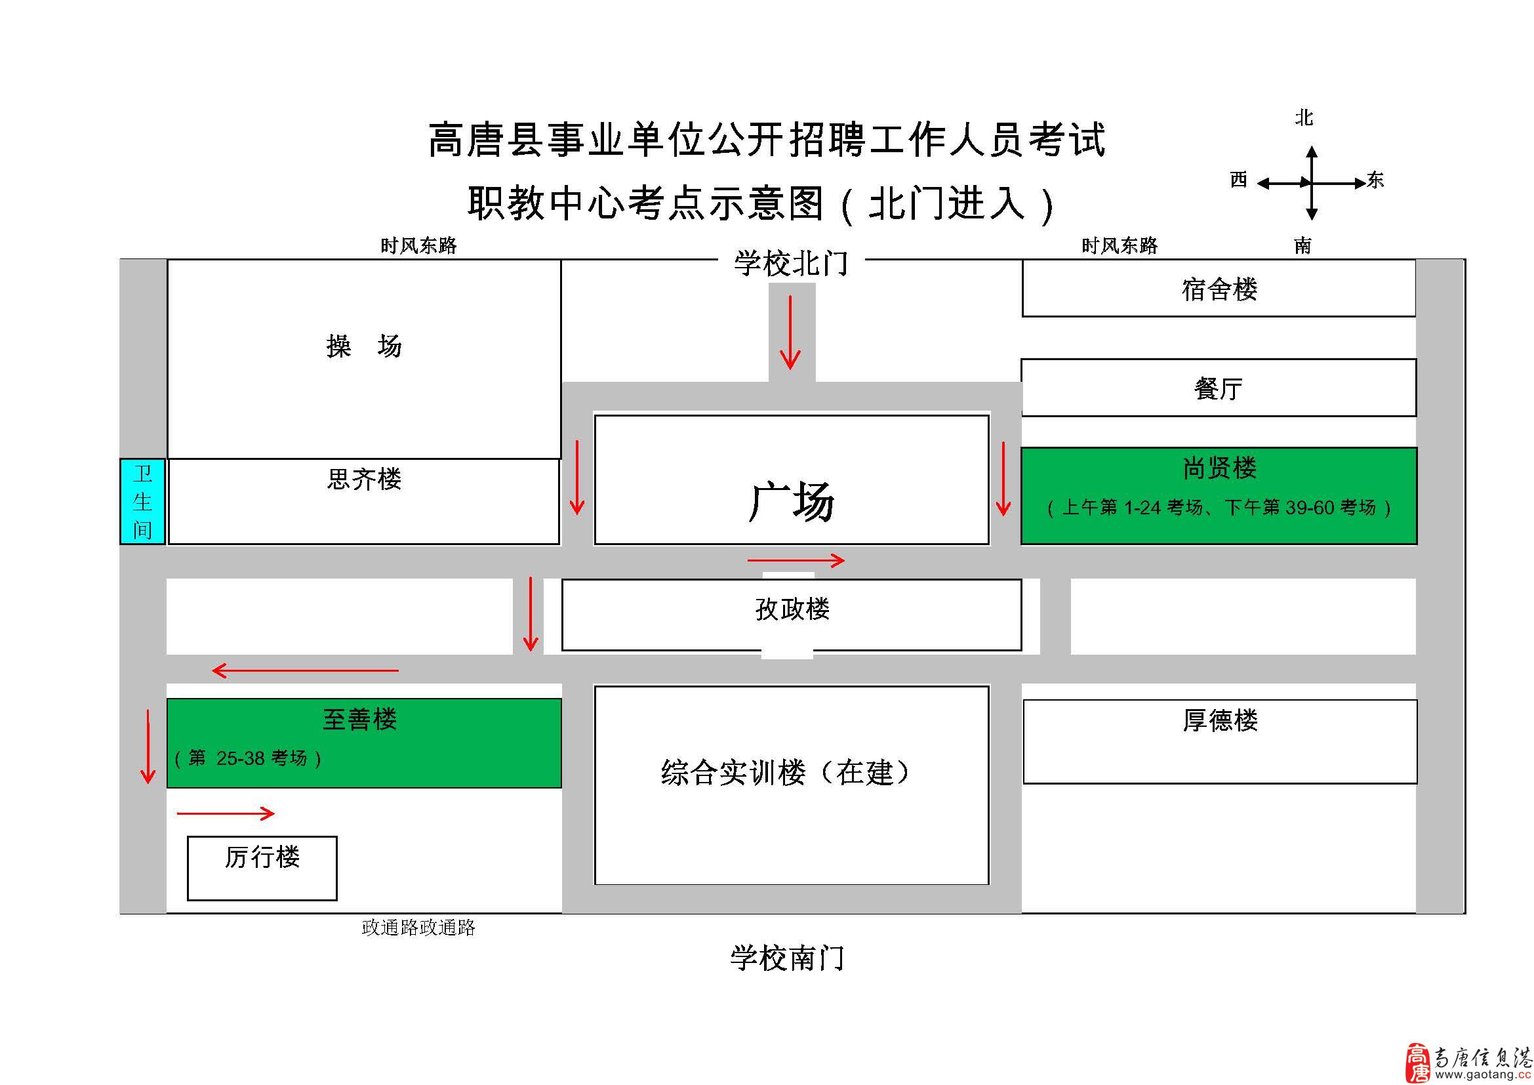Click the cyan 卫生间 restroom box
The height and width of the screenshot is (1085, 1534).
pos(142,501)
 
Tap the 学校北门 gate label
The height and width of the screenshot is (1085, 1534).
pos(791,263)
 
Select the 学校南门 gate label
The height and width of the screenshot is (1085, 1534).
pos(787,958)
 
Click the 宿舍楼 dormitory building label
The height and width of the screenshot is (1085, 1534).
pos(1219,289)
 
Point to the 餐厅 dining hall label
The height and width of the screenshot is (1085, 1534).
pos(1218,388)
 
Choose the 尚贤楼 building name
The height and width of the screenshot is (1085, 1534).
pos(1219,468)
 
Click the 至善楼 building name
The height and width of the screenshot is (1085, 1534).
pos(359,719)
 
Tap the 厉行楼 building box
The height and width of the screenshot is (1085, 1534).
pos(262,868)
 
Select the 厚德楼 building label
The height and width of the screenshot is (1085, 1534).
pos(1220,720)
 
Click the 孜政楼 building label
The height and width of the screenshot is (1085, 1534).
pos(792,609)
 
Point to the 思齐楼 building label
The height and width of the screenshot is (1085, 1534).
pos(364,479)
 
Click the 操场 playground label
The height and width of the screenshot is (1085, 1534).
pos(364,346)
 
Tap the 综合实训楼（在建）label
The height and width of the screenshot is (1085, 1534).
pos(785,772)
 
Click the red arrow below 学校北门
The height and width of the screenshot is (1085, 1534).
pos(790,332)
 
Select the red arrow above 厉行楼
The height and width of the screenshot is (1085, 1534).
pos(226,813)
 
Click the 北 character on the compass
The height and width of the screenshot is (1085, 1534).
pos(1304,117)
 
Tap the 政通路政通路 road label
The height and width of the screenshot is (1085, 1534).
pos(418,928)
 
